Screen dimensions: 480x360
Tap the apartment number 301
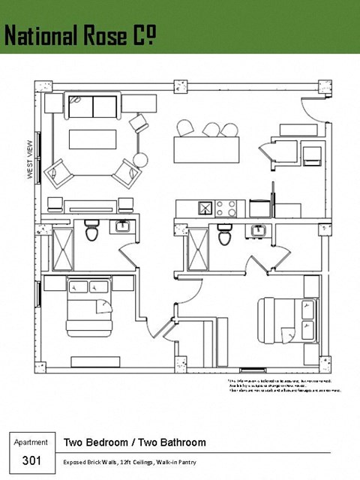coord(31,460)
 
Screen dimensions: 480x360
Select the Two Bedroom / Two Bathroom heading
coord(134,442)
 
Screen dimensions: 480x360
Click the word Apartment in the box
coord(31,442)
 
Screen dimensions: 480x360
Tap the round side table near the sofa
coord(141,159)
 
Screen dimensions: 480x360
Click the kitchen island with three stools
coord(207,148)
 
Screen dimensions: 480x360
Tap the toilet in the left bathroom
coord(91,232)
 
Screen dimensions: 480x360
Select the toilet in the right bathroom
coord(224,235)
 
